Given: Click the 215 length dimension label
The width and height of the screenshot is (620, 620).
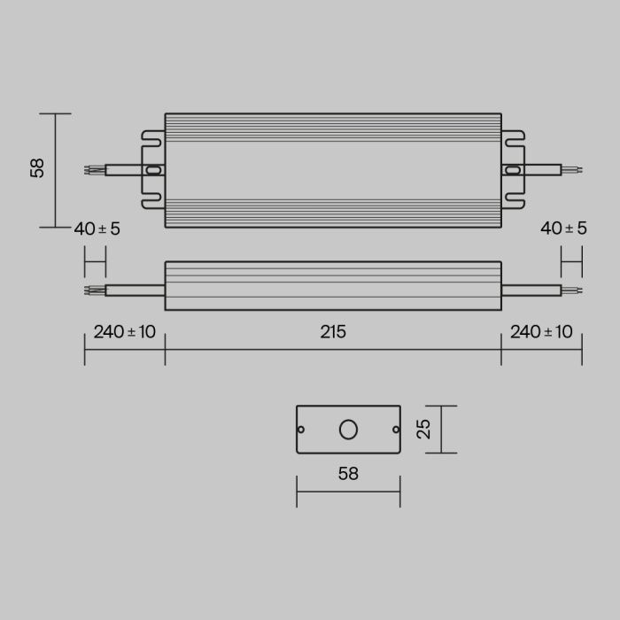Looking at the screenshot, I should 333,332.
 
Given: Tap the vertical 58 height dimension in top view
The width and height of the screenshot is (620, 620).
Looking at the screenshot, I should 37,168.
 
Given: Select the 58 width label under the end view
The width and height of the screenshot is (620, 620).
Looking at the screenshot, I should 348,474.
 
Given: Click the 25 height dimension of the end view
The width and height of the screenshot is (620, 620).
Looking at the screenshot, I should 424,430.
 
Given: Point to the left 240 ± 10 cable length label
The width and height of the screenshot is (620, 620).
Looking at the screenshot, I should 124,332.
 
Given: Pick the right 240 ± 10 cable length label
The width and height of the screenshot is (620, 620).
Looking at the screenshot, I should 541,332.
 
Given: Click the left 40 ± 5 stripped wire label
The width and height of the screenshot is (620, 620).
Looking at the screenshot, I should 97,229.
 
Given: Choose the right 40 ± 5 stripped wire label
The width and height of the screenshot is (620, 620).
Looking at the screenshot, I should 563,229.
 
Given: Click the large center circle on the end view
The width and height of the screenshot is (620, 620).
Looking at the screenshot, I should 348,430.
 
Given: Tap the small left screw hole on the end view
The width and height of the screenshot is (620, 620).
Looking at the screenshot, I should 301,430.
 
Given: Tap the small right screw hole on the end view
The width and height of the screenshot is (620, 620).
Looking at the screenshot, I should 395,430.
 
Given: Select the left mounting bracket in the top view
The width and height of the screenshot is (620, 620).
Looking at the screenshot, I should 152,169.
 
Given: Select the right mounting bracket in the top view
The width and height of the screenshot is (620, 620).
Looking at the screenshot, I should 514,169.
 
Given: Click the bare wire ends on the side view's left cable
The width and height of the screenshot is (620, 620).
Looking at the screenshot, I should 94,290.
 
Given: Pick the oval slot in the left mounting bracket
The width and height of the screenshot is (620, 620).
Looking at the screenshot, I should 153,169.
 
